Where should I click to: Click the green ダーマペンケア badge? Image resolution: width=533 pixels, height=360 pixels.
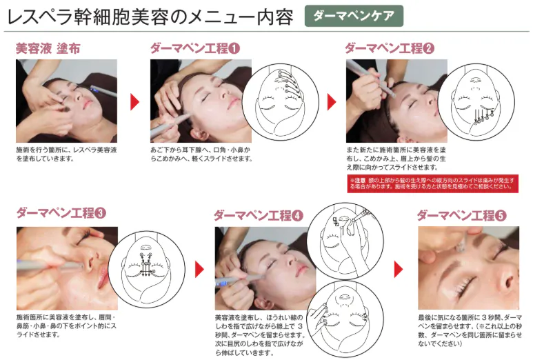coord(354,16)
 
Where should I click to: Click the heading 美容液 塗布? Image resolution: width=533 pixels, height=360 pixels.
coord(48,48)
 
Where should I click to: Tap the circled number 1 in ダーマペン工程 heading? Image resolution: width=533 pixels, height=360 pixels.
coord(234,48)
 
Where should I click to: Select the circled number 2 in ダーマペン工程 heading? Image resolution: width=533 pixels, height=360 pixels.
coord(429,48)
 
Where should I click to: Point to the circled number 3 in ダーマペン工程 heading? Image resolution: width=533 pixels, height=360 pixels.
coord(100,213)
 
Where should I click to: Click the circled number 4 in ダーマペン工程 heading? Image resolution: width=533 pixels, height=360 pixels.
coord(297,216)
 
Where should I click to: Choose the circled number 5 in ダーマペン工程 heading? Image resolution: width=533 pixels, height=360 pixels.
coord(501,216)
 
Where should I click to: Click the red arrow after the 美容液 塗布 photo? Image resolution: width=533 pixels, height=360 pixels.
coord(135,101)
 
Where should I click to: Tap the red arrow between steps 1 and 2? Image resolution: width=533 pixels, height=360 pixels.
coord(332,101)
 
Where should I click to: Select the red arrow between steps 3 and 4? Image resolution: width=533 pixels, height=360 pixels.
coord(199,270)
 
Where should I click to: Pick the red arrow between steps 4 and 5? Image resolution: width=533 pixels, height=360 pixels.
coord(399,270)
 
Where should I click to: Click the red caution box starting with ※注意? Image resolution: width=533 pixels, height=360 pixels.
coord(433,183)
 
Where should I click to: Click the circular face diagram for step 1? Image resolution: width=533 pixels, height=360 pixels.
coord(281,102)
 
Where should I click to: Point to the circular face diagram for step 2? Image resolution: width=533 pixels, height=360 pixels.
coord(476,102)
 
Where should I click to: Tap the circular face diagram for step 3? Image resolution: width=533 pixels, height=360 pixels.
coord(147,270)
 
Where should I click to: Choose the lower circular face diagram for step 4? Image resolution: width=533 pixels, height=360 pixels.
coord(345,319)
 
